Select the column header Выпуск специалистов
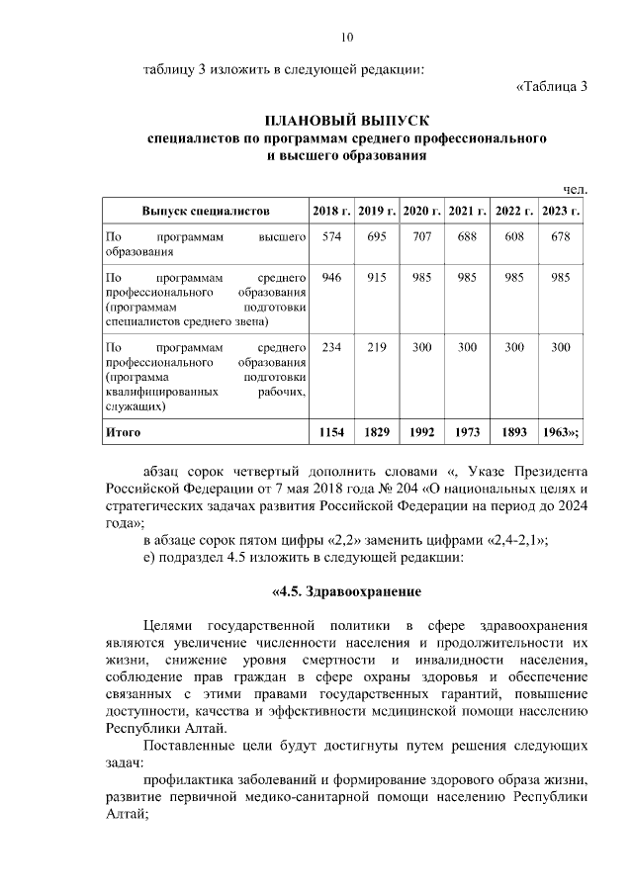tap(206, 212)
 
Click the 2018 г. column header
tap(331, 212)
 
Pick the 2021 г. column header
tap(467, 212)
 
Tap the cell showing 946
tap(331, 278)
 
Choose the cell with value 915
tap(376, 278)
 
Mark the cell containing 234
tap(331, 347)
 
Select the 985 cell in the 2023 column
tap(561, 278)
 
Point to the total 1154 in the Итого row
tap(331, 432)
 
